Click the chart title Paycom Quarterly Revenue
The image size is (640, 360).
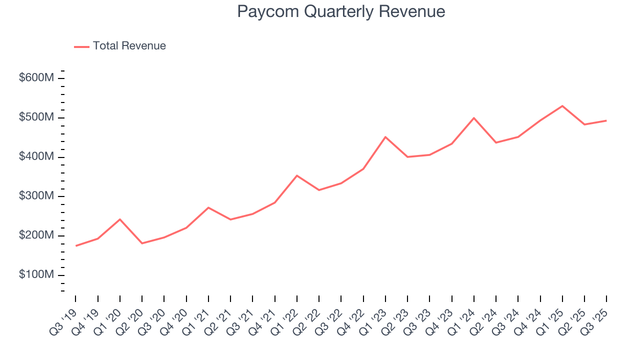341,11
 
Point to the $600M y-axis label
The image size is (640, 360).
36,78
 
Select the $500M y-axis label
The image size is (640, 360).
36,117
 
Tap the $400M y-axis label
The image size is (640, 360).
36,157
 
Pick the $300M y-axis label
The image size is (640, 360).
36,196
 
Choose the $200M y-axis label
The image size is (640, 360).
36,235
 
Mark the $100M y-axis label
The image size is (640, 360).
36,275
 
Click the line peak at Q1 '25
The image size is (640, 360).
562,106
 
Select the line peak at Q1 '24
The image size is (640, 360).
474,118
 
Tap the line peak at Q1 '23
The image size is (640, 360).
385,137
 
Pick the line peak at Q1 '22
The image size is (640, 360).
297,175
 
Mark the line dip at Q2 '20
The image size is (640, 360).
142,243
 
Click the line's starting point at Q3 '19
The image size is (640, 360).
76,245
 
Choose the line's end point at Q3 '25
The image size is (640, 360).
606,120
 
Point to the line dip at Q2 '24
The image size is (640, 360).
496,142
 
